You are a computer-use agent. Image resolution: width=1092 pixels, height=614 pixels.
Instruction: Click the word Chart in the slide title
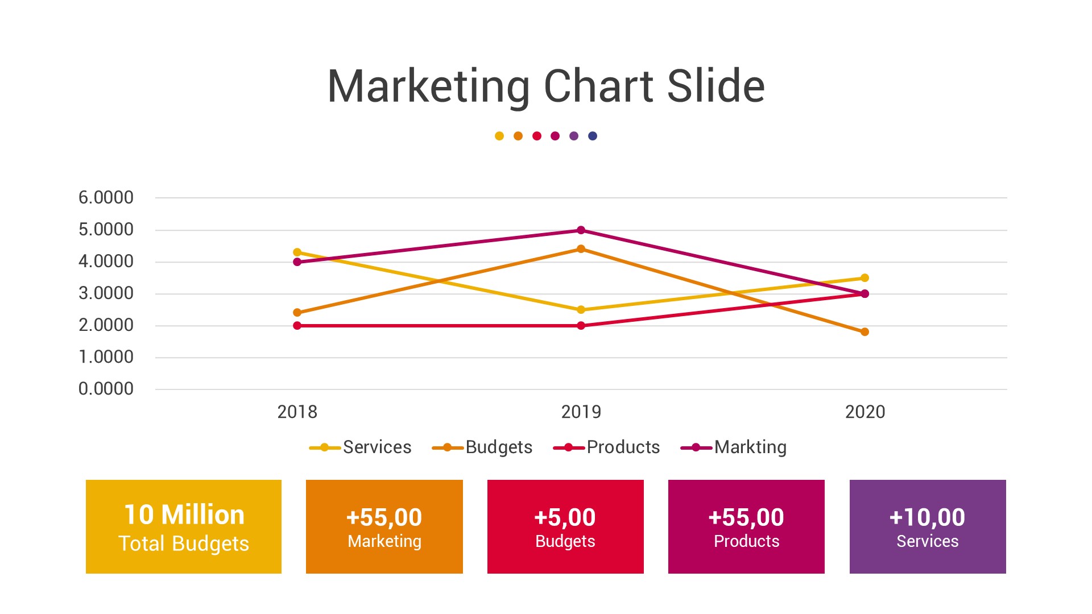coord(598,86)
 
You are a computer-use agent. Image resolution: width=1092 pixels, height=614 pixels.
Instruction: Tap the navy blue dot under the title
coord(593,136)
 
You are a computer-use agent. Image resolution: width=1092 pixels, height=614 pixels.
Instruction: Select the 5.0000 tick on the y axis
coord(106,230)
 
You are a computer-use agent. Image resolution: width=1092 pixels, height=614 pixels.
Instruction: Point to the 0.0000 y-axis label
coord(106,389)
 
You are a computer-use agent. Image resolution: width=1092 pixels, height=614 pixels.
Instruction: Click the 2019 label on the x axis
coord(581,412)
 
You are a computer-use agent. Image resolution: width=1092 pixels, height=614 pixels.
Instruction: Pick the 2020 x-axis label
coord(864,412)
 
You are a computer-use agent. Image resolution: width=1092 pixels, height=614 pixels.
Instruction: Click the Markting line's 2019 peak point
coord(581,230)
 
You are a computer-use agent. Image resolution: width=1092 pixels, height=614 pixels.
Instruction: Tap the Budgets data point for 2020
coord(864,332)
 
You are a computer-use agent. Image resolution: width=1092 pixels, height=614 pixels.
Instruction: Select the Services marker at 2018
coord(297,252)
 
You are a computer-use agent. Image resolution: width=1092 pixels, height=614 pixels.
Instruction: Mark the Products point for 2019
coord(581,326)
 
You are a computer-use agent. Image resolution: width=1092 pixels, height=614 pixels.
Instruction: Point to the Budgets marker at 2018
coord(297,313)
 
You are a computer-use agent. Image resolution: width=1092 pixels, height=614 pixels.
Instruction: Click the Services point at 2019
coord(581,310)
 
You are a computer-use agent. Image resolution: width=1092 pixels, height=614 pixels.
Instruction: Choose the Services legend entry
coord(361,447)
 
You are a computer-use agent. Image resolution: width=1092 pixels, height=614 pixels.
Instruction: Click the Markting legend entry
coord(734,447)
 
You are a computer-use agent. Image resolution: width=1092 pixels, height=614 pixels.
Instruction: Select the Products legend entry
coord(607,447)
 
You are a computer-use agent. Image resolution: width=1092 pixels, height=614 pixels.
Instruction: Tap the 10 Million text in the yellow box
coord(184,515)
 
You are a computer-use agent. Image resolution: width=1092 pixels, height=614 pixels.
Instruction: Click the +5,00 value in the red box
coord(565,517)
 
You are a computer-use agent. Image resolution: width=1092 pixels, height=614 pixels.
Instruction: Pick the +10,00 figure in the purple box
coord(927,517)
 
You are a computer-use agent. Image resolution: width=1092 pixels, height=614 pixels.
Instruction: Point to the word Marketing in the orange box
coord(384,541)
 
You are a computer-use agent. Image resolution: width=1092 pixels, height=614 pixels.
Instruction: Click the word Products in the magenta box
coord(746,541)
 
